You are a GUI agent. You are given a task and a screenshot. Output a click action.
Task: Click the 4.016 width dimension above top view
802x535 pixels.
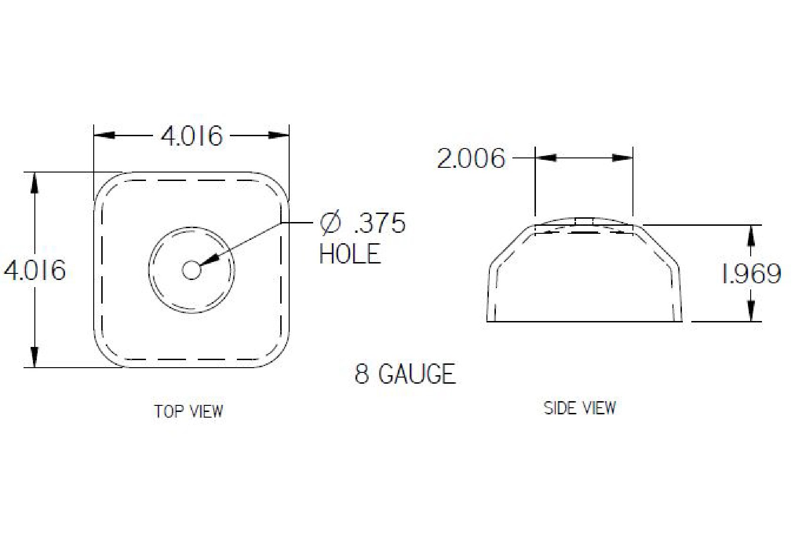tap(191, 137)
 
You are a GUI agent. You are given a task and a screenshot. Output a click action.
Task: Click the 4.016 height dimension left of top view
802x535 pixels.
tap(35, 271)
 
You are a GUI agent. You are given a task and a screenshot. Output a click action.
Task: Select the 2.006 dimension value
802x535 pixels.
tap(470, 158)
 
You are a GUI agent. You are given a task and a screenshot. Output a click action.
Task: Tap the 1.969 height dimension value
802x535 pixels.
tap(752, 274)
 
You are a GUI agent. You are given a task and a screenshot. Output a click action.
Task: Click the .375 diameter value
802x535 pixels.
tap(379, 223)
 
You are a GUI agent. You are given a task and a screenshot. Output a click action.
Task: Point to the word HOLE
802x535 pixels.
tap(350, 254)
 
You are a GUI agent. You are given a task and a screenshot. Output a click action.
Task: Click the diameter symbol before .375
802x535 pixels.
tap(330, 223)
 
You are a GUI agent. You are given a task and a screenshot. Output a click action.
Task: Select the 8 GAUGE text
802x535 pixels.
tap(405, 374)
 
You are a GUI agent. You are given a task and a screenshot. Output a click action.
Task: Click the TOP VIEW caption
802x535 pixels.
tap(189, 412)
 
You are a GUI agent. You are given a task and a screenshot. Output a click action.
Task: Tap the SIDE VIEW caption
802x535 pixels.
tap(579, 408)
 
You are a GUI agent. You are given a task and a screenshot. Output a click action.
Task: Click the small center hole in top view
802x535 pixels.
tap(191, 271)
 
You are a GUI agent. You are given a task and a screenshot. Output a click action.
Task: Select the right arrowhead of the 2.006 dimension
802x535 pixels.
tap(623, 158)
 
